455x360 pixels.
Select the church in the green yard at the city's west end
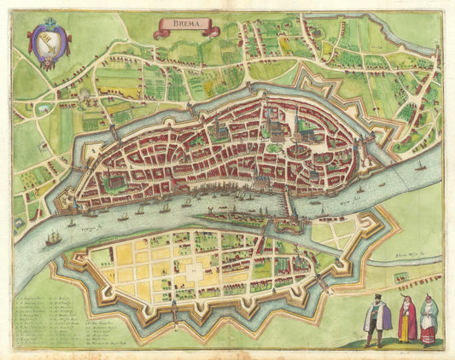(108, 180)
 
